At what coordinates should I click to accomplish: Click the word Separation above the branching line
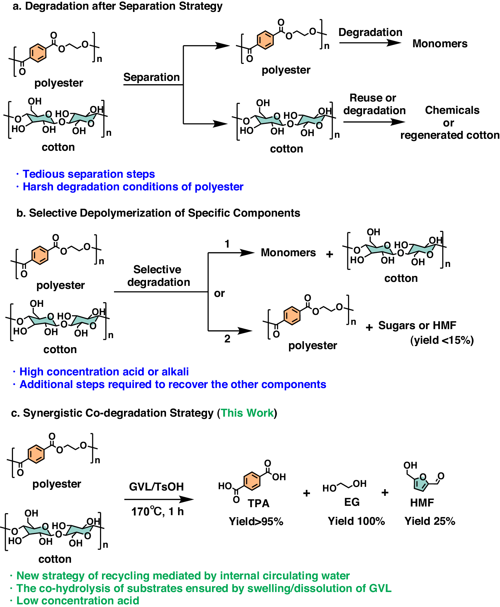(152, 77)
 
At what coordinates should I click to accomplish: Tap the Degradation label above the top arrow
(370, 32)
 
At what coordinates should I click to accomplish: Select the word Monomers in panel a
(440, 44)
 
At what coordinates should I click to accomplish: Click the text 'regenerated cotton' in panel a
(450, 135)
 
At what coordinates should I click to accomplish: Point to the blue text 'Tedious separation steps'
(89, 174)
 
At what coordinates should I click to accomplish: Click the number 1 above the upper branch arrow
(227, 244)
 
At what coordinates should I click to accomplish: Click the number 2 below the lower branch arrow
(227, 339)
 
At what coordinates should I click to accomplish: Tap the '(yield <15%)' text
(442, 340)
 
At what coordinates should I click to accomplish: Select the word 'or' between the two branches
(219, 293)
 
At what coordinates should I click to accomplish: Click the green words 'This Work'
(247, 413)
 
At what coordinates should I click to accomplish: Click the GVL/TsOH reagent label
(156, 487)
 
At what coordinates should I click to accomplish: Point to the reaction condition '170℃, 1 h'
(157, 511)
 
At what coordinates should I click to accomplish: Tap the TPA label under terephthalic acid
(258, 503)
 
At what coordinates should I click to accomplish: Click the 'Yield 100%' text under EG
(356, 521)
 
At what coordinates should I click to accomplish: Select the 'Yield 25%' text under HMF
(430, 521)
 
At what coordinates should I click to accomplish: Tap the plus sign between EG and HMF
(385, 493)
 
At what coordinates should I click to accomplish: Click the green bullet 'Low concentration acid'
(78, 600)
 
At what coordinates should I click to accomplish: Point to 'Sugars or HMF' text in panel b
(417, 325)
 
